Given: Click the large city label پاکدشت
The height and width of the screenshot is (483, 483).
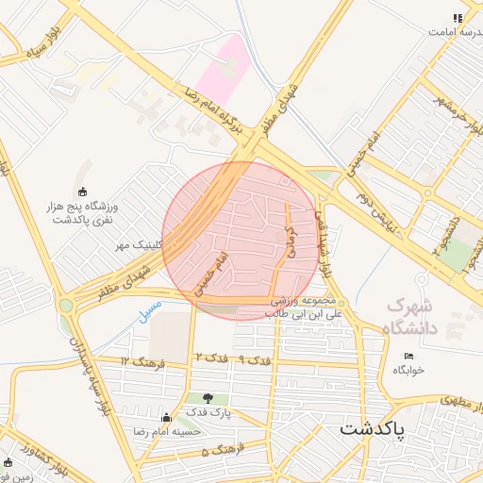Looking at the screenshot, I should point(373,428).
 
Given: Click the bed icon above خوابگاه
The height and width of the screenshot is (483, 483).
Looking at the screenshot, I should point(408,356).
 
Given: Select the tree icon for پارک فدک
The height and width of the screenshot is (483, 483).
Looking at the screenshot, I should point(208,398).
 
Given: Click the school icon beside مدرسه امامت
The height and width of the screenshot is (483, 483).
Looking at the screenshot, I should point(458,18).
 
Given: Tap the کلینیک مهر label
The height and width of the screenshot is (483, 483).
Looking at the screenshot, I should point(139,245).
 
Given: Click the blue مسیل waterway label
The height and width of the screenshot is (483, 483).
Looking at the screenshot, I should point(150,312).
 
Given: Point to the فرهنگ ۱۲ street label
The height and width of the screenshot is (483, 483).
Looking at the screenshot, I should point(142,361).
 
